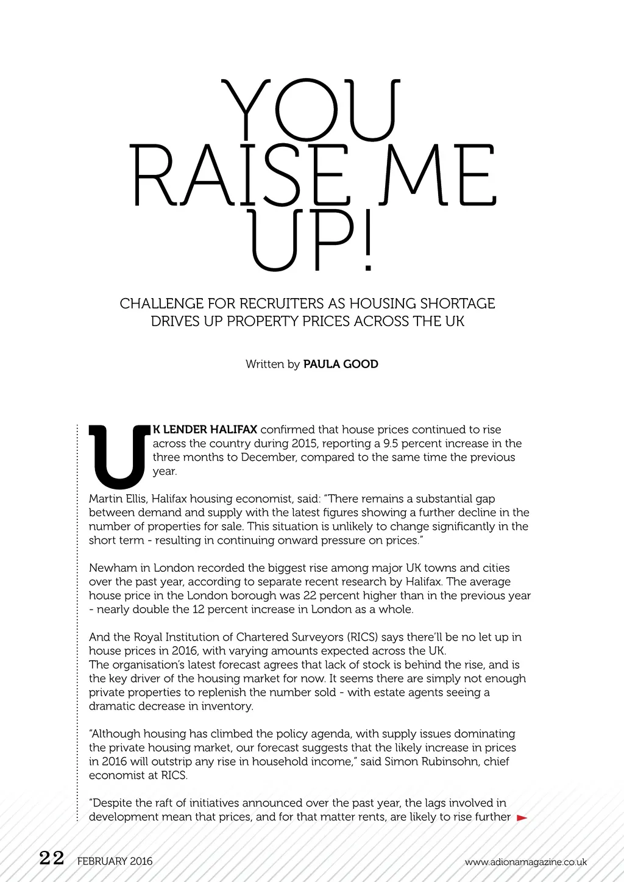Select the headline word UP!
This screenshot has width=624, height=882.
[x=311, y=241]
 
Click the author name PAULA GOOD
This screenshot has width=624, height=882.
[x=341, y=365]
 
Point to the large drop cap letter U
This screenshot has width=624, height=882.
[x=118, y=456]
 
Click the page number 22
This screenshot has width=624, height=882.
[x=51, y=858]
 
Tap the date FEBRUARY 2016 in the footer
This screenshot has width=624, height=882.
[x=115, y=861]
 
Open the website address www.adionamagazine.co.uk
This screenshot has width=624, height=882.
[x=525, y=862]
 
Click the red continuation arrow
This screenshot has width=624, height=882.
[x=522, y=818]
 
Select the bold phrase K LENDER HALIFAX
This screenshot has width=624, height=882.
[x=205, y=430]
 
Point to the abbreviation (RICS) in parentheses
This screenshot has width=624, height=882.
[x=363, y=638]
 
